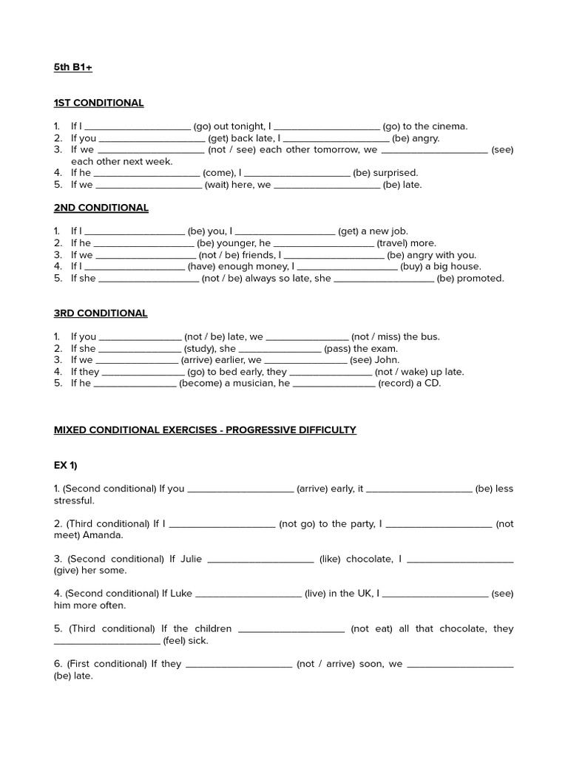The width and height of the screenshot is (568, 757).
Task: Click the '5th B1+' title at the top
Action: (72, 67)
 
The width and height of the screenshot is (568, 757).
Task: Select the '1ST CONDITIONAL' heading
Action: (98, 103)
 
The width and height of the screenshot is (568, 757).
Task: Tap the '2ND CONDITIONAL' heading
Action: (101, 208)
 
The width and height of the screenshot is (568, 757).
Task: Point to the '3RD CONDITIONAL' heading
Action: (101, 313)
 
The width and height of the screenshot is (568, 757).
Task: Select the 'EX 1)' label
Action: (65, 465)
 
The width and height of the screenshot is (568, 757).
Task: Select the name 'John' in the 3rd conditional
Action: (388, 360)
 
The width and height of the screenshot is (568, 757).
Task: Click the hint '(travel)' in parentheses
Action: (392, 243)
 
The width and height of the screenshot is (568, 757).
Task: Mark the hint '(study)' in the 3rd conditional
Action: (200, 348)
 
